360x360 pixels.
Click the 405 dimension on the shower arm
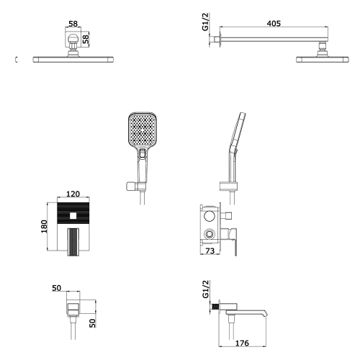[x=274, y=24]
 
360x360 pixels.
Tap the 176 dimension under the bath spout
[x=242, y=343]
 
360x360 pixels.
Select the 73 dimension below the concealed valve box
[x=210, y=251]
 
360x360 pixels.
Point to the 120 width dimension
[x=73, y=194]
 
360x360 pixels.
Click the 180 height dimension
[x=44, y=226]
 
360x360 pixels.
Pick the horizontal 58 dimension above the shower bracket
[x=73, y=24]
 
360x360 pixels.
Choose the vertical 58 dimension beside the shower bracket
[x=86, y=39]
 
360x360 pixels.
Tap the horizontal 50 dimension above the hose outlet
[x=57, y=288]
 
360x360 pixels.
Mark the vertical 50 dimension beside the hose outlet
[x=92, y=323]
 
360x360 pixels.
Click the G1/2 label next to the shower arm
[x=206, y=22]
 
